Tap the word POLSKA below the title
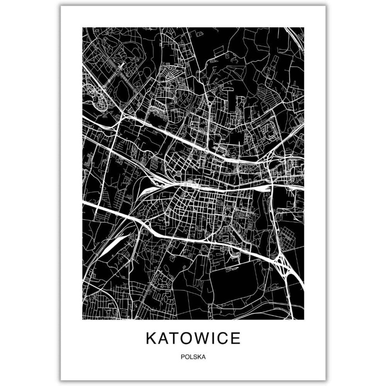(193, 356)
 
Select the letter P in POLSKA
(183, 356)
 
